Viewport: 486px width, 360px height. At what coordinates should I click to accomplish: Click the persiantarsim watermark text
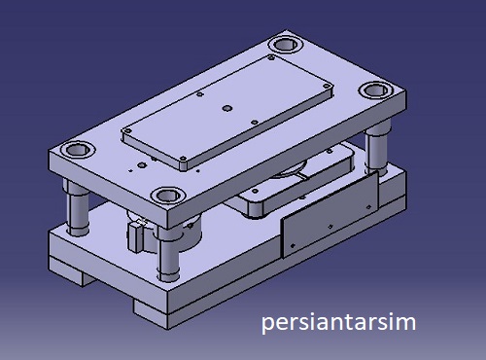338,322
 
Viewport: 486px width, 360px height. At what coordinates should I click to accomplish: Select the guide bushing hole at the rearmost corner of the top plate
286,44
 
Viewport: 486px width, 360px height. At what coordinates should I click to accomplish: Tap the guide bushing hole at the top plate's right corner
376,90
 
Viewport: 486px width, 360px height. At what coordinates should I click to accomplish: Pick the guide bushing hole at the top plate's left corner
78,150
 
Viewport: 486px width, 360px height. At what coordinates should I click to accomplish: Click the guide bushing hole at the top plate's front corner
168,196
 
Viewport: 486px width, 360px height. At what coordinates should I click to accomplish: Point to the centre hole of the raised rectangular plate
227,108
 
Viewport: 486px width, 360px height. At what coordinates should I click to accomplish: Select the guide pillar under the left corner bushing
78,207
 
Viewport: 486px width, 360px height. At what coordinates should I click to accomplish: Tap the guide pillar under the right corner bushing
376,148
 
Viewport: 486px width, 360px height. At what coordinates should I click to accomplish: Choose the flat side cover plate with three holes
330,215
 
